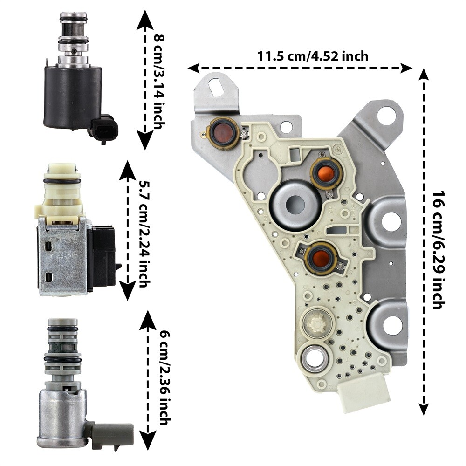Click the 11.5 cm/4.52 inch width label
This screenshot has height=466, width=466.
click(313, 56)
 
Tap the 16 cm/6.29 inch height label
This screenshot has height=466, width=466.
click(439, 250)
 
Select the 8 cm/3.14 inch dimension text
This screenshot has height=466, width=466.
click(159, 82)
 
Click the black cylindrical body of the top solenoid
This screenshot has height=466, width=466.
click(73, 96)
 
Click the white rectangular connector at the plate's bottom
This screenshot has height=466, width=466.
click(365, 392)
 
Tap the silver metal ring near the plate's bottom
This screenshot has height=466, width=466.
click(314, 359)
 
